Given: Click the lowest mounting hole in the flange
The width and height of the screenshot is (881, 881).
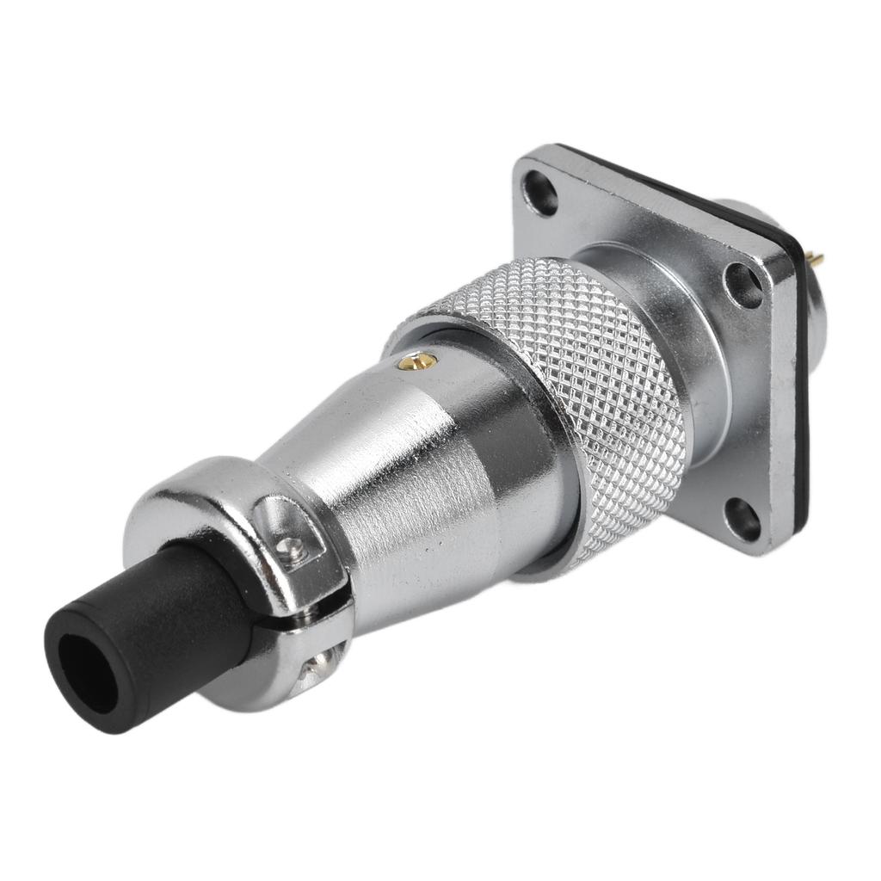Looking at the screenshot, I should click(x=742, y=519).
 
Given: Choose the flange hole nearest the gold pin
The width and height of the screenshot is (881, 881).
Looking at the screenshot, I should click(x=744, y=285).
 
